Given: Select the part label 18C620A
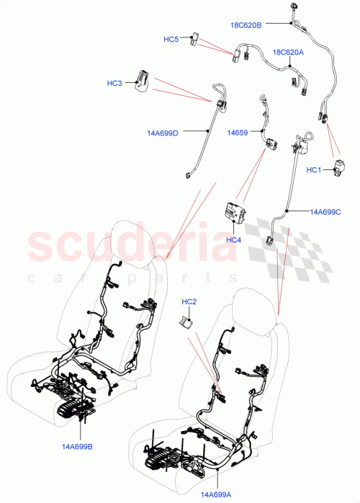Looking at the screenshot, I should tap(287, 53).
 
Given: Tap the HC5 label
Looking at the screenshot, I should tap(171, 39).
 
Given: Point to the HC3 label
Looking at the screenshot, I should tap(115, 84).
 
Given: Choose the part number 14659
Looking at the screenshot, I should tap(238, 132).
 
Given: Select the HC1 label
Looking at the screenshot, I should tap(313, 169).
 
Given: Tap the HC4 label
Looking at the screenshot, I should tap(233, 240).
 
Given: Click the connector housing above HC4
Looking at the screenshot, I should tap(233, 214).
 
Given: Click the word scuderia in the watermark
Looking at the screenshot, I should tap(126, 245).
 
